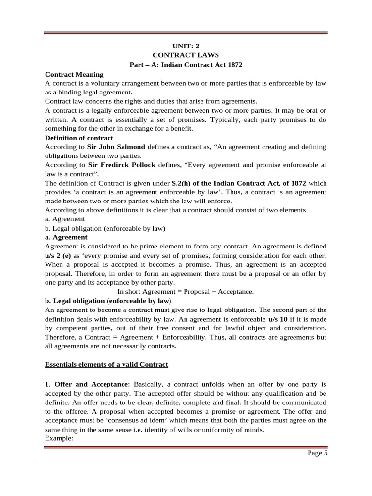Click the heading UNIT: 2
(x=186, y=46)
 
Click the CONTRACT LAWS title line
(x=186, y=55)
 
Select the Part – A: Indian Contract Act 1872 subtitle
(x=186, y=64)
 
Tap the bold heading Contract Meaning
(x=74, y=74)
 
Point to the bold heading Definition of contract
(x=79, y=138)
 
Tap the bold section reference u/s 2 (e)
(x=58, y=255)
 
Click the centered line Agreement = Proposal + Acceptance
(x=186, y=292)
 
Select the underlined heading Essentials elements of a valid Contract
(x=106, y=364)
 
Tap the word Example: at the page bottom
(x=58, y=438)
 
